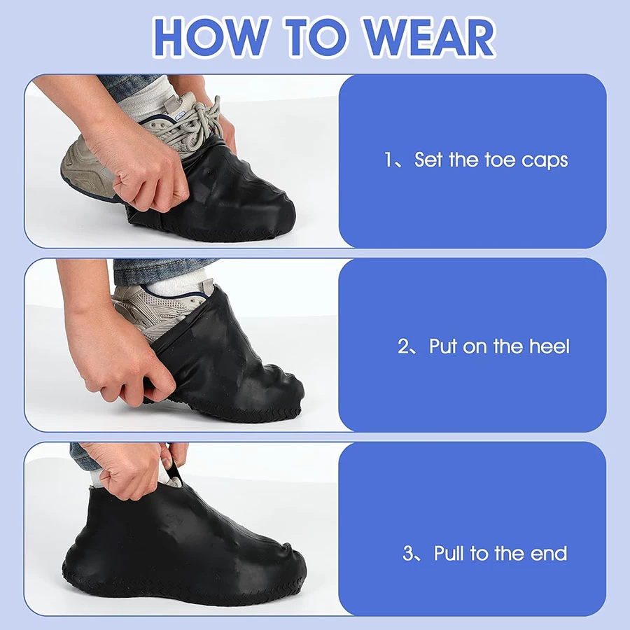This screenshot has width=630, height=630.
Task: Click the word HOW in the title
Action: tap(211, 37)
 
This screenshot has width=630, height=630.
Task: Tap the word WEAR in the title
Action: tap(428, 37)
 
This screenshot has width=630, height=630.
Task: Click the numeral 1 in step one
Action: tap(388, 160)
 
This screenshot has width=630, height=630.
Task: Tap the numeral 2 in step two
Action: tap(403, 346)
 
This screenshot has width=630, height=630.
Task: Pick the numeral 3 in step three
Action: tap(408, 553)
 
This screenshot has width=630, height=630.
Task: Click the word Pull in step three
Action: tap(449, 553)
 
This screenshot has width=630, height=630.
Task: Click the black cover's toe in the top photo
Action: tap(277, 217)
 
